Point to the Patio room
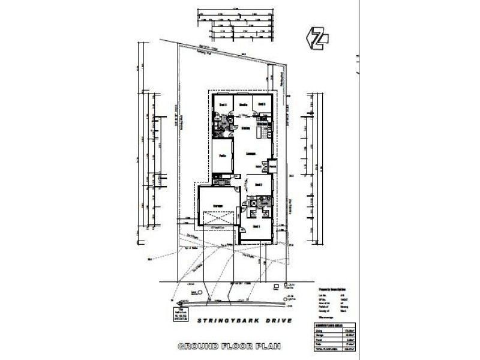222,156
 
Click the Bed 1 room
256,227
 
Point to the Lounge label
251,154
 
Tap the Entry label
259,166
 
